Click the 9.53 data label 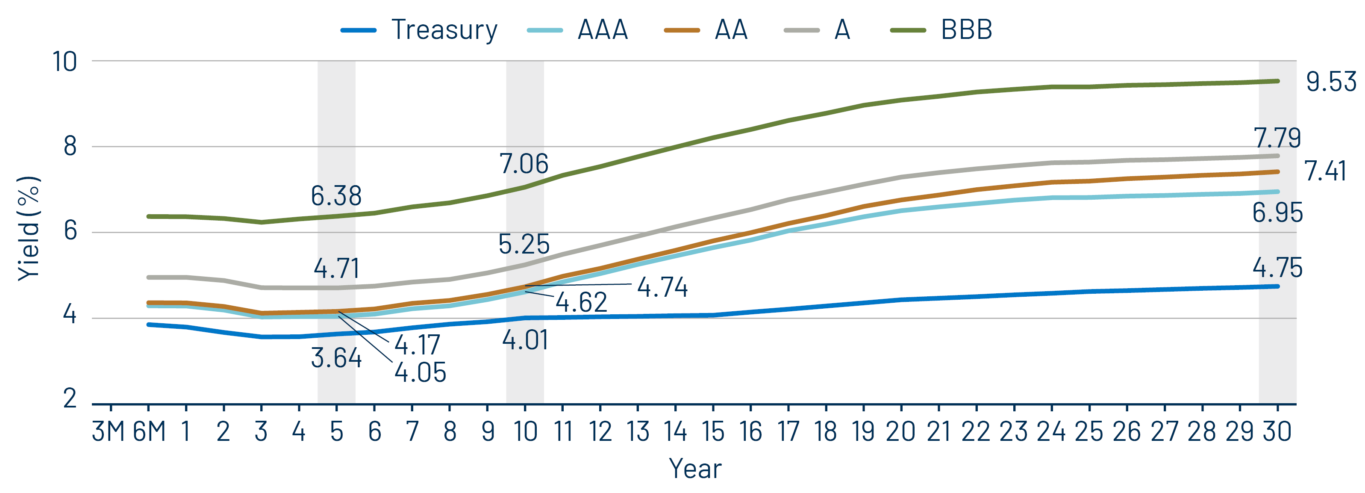point(1330,82)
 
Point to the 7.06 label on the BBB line point(524,164)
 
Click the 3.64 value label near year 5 point(336,358)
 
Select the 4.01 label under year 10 point(525,340)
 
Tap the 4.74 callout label point(662,287)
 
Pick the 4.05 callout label point(420,373)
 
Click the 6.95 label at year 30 point(1277,213)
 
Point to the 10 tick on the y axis point(65,62)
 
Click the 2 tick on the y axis point(70,399)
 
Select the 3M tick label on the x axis point(108,431)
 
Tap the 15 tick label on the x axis point(713,431)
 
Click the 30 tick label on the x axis point(1277,431)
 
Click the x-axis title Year point(695,469)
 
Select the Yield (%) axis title point(29,228)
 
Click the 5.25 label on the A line point(524,245)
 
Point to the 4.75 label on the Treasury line point(1277,268)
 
